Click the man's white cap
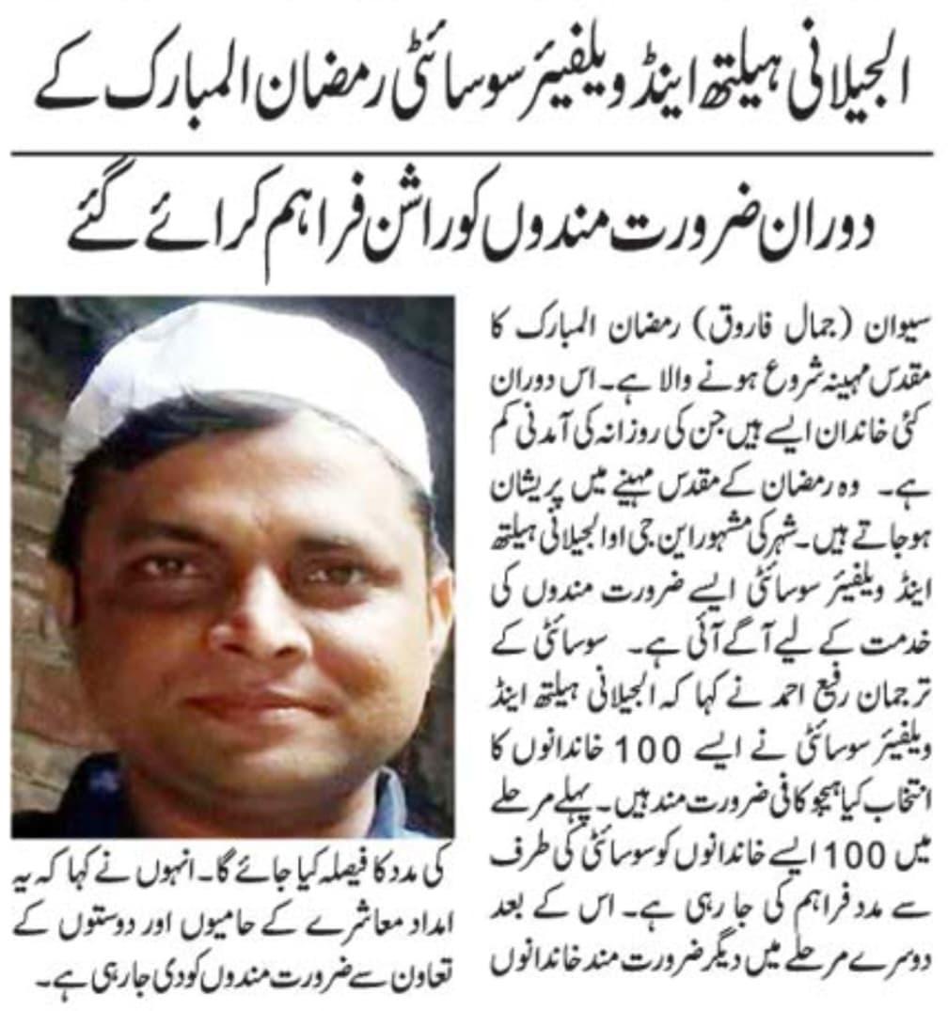tap(254, 376)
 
